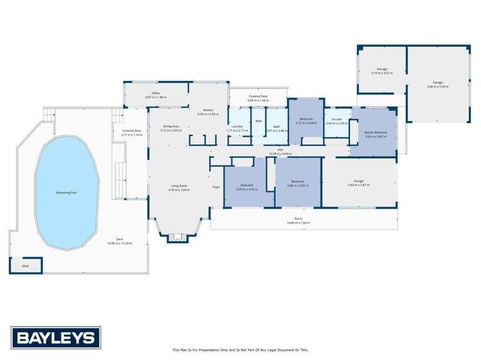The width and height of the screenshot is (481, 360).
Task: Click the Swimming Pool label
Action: point(66,192)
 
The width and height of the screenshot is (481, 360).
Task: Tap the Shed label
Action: point(25,265)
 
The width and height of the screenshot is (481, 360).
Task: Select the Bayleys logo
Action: point(55,338)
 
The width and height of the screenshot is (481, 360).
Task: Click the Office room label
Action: point(155,93)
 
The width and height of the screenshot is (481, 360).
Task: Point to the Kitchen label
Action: point(208,110)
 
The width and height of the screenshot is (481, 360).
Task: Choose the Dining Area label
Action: point(171,126)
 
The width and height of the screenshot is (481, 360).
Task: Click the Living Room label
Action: point(180,186)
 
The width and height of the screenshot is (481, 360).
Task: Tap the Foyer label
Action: point(216,187)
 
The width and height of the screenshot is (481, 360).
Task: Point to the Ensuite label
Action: point(337,119)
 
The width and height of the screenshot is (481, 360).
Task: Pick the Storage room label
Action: point(381,69)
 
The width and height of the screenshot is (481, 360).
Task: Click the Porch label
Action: point(298,219)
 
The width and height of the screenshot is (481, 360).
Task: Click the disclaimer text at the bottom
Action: point(240,350)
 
